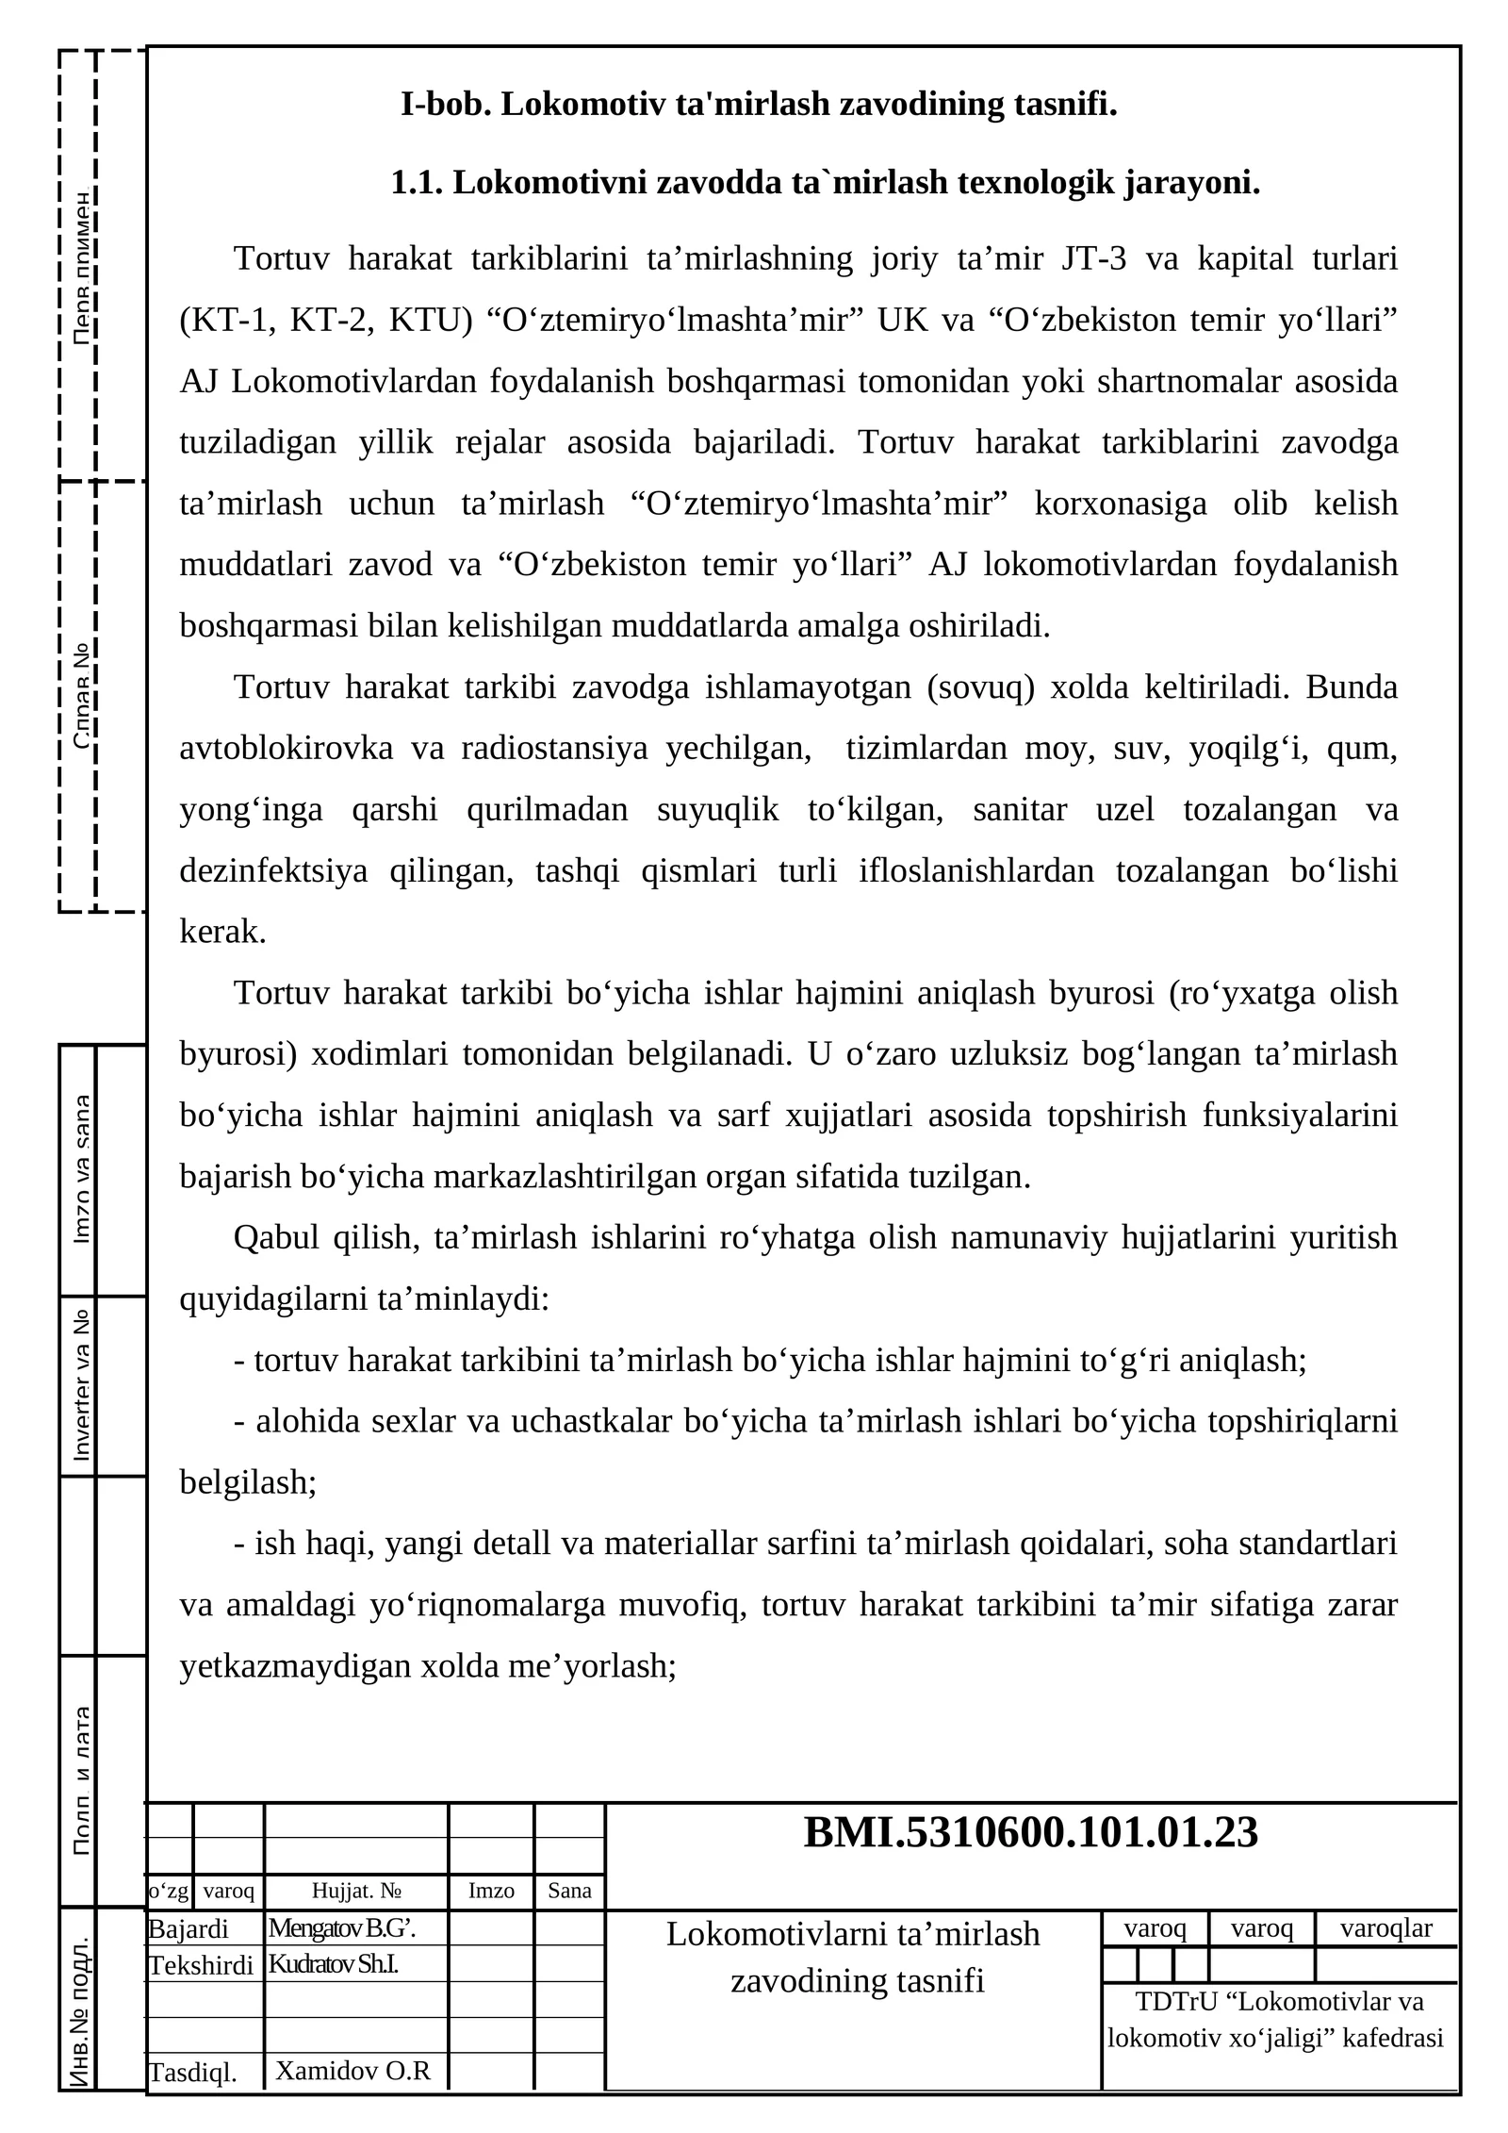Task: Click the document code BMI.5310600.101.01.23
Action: tap(1030, 1832)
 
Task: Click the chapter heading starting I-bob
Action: tap(759, 103)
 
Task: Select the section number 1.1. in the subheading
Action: tap(418, 183)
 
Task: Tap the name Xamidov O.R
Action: tap(352, 2071)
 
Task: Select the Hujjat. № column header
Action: tap(356, 1891)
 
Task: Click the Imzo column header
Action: tap(491, 1891)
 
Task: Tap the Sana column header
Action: tap(569, 1891)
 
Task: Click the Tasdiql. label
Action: tap(193, 2073)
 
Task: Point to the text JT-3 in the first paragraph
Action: tap(1093, 258)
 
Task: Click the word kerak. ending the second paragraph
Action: tap(223, 932)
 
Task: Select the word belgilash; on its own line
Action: tap(248, 1482)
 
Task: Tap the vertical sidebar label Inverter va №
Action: tap(82, 1385)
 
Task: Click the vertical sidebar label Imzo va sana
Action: tap(82, 1169)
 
